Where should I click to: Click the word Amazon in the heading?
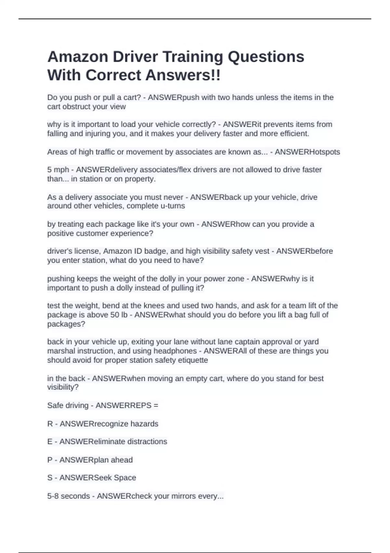78,57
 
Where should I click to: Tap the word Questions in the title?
266,57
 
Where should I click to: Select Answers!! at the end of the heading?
183,75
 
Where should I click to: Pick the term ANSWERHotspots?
307,152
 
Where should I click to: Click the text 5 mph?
58,170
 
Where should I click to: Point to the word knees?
154,305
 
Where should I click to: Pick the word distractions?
147,441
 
